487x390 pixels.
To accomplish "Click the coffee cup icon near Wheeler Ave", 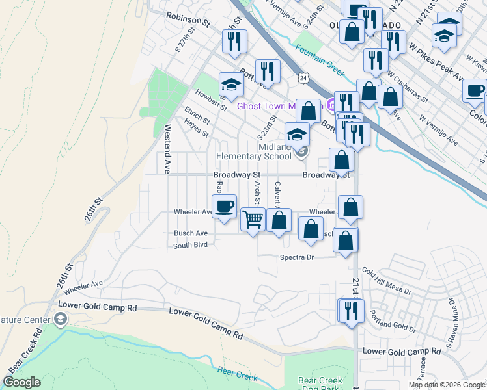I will pyautogui.click(x=224, y=207).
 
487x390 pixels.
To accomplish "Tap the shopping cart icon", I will pyautogui.click(x=253, y=219).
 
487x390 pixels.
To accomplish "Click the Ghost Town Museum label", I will pyautogui.click(x=267, y=106).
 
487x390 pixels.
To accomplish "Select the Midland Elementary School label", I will pyautogui.click(x=254, y=151).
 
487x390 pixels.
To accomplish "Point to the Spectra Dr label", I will pyautogui.click(x=297, y=257).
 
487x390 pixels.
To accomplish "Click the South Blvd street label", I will pyautogui.click(x=190, y=246).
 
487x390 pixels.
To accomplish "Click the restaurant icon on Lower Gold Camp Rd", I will pyautogui.click(x=352, y=311).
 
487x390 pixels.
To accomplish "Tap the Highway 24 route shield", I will pyautogui.click(x=304, y=78).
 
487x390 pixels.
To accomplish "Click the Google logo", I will pyautogui.click(x=21, y=382).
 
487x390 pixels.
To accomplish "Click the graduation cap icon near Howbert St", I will pyautogui.click(x=230, y=84).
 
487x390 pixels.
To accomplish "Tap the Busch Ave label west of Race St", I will pyautogui.click(x=190, y=233).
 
